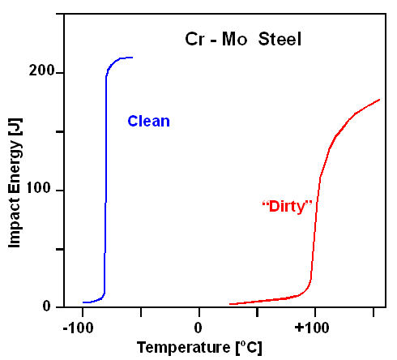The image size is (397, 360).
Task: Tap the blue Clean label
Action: (148, 122)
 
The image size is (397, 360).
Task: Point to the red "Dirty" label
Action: (287, 206)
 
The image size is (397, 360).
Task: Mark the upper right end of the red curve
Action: (379, 100)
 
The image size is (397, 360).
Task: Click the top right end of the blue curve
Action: (132, 58)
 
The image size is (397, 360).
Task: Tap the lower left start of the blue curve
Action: (83, 302)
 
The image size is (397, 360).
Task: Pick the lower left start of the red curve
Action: (230, 304)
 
